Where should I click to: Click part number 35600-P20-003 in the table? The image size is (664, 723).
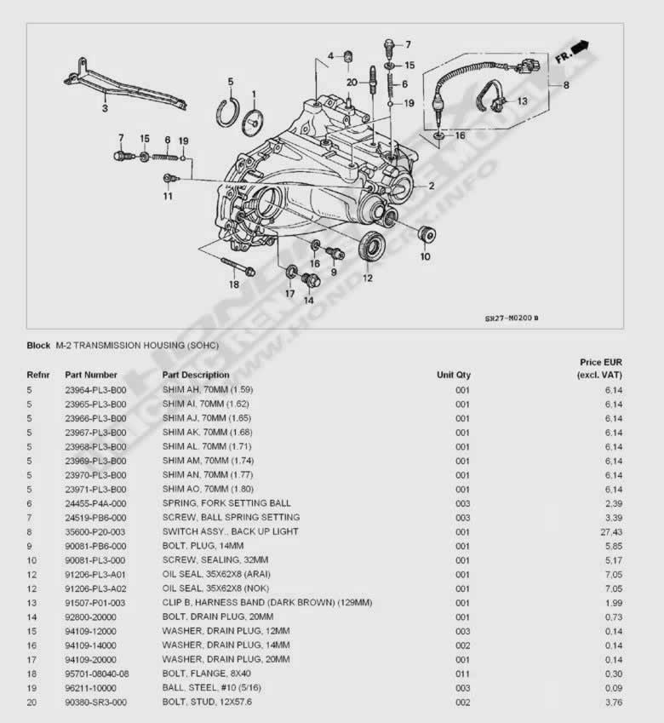95,531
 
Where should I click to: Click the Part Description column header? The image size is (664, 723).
196,375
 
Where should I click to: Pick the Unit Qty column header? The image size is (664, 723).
454,375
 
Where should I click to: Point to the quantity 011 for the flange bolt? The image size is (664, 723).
462,673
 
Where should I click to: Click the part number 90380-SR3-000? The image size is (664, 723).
95,702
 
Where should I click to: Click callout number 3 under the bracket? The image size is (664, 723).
105,109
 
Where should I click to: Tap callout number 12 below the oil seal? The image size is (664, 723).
368,278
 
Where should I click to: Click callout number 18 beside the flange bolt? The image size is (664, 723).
233,284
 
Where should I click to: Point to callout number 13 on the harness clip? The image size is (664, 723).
521,100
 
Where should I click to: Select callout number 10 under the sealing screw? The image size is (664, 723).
425,255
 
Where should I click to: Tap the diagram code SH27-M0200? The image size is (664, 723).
508,318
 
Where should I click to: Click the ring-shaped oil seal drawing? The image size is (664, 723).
371,247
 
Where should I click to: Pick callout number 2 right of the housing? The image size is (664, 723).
432,186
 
